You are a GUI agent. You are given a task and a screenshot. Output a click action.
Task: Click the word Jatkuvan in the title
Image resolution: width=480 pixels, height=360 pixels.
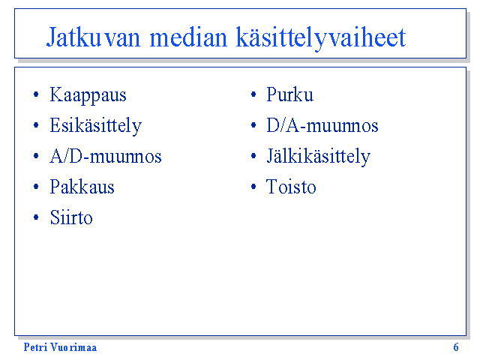(93, 37)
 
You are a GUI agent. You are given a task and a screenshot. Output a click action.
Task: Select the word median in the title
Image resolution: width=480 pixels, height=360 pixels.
(188, 37)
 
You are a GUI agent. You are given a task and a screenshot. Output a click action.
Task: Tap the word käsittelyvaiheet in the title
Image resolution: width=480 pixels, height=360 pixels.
(321, 38)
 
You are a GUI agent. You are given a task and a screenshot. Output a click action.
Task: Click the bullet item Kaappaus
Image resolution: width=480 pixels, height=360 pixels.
(88, 95)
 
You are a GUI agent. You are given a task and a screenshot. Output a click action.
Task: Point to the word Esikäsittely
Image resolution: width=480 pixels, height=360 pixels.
(95, 126)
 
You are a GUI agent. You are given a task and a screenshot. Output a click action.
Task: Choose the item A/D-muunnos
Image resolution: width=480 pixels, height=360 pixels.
(105, 156)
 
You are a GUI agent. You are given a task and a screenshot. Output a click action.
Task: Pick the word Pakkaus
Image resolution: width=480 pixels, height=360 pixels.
(82, 187)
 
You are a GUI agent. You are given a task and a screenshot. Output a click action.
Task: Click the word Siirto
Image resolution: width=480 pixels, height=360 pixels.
(71, 217)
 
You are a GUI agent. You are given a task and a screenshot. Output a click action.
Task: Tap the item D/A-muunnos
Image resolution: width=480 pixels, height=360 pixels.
(322, 125)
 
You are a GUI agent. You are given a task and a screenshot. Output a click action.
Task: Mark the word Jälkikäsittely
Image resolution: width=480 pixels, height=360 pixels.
(318, 157)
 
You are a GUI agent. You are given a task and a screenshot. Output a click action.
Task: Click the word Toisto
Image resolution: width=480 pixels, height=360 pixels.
(291, 187)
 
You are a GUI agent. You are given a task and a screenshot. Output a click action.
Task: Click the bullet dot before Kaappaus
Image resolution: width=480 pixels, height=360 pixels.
(36, 94)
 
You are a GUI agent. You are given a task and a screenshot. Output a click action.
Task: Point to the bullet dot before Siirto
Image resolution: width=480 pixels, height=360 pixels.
(36, 217)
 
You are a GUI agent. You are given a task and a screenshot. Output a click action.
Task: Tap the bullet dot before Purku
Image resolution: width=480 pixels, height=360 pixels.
(253, 94)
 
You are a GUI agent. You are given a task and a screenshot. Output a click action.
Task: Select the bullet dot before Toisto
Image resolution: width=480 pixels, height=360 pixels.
(253, 187)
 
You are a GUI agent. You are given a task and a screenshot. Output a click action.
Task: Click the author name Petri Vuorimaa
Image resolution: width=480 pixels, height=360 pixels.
(60, 347)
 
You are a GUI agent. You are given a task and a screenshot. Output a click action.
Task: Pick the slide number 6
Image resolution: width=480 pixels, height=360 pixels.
(456, 347)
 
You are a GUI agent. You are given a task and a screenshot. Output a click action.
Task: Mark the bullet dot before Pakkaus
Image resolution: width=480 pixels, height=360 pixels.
(36, 187)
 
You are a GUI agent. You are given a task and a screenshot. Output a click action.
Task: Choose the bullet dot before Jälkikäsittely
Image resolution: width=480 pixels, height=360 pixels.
(253, 156)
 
